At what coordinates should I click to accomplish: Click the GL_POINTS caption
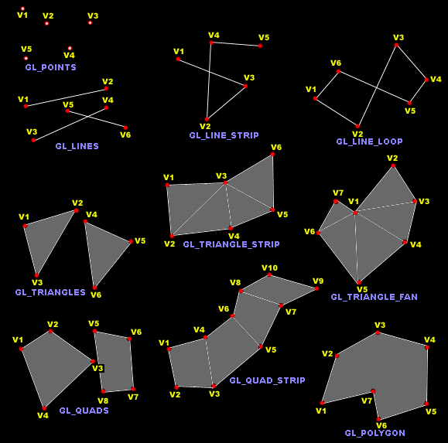click(x=51, y=67)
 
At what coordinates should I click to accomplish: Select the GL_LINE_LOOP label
click(x=369, y=141)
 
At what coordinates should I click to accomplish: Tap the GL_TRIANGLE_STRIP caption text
click(x=231, y=244)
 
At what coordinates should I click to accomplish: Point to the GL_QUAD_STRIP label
click(x=268, y=380)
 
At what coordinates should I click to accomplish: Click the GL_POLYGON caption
click(x=374, y=433)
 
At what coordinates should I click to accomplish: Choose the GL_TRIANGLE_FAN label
click(x=374, y=297)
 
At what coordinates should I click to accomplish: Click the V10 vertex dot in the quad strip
click(x=269, y=274)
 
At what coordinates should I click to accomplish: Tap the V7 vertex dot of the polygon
click(x=373, y=391)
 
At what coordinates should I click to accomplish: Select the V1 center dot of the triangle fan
click(x=355, y=213)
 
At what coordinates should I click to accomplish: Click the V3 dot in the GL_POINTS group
click(x=90, y=23)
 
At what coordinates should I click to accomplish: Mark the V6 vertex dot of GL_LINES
click(x=125, y=128)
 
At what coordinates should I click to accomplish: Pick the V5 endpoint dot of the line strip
click(x=260, y=46)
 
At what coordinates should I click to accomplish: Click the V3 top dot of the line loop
click(x=396, y=45)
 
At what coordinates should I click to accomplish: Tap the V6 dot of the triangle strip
click(x=272, y=154)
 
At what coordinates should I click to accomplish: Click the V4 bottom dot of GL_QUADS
click(x=44, y=408)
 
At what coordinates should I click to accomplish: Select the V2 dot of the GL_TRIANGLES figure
click(x=77, y=210)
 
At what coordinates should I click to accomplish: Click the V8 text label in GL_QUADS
click(x=103, y=400)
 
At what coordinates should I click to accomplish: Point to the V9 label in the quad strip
click(x=318, y=281)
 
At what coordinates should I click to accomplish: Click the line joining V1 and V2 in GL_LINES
click(x=66, y=97)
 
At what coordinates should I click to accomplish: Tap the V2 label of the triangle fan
click(x=392, y=158)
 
